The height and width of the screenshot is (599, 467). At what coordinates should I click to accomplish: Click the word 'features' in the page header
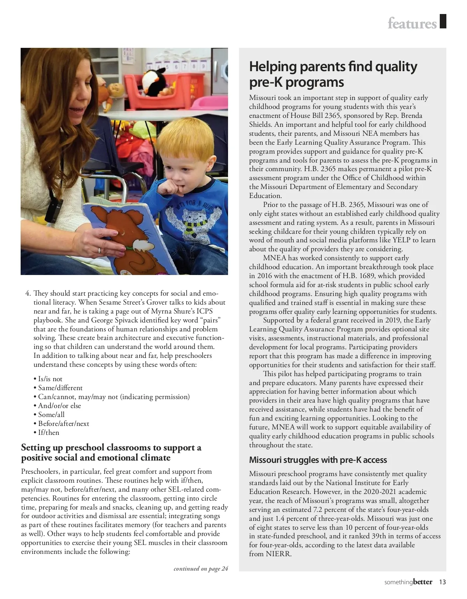click(412, 24)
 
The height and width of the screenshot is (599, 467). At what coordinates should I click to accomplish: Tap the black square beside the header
click(442, 21)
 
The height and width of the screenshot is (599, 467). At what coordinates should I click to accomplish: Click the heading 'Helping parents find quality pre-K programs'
click(333, 74)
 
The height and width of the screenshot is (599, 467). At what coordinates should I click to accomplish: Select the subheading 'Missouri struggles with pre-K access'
click(318, 460)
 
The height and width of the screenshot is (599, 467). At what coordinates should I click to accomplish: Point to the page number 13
click(442, 582)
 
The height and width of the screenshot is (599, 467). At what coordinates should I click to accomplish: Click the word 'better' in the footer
click(422, 582)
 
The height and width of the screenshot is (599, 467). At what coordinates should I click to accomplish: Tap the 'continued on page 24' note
click(200, 569)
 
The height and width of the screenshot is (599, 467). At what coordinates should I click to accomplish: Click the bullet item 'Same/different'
click(60, 388)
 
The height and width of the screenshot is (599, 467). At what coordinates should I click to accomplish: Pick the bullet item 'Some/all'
click(51, 415)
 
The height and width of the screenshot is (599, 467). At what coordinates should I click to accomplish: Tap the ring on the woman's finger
click(100, 250)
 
